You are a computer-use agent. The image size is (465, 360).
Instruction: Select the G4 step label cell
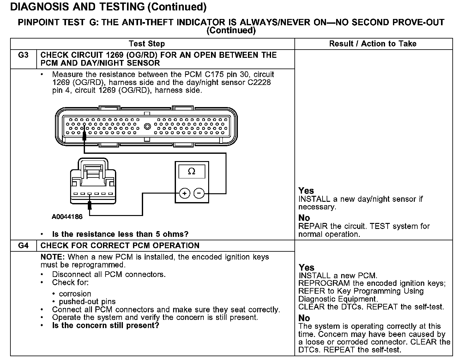pyautogui.click(x=23, y=246)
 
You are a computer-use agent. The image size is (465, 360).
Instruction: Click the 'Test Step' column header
pyautogui.click(x=147, y=44)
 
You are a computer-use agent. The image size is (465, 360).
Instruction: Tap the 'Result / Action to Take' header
pyautogui.click(x=373, y=44)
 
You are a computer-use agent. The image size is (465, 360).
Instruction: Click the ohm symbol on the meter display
pyautogui.click(x=191, y=171)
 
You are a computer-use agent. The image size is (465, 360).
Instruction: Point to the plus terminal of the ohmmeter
pyautogui.click(x=184, y=193)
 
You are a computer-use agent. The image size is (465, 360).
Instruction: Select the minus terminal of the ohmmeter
pyautogui.click(x=199, y=193)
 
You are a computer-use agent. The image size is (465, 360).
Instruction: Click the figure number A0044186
pyautogui.click(x=67, y=217)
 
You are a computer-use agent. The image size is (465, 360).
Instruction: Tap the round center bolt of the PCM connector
pyautogui.click(x=147, y=127)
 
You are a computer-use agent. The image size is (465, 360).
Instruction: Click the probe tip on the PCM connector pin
pyautogui.click(x=84, y=136)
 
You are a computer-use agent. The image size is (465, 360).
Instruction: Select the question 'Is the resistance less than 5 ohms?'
pyautogui.click(x=120, y=234)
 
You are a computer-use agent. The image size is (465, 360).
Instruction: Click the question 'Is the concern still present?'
pyautogui.click(x=106, y=326)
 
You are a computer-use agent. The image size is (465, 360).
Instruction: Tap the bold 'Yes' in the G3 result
pyautogui.click(x=306, y=191)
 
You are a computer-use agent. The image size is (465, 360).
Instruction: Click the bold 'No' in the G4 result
pyautogui.click(x=304, y=318)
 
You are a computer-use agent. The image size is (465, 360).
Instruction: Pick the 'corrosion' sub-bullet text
pyautogui.click(x=75, y=294)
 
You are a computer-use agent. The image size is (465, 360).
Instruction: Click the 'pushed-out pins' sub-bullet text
pyautogui.click(x=87, y=302)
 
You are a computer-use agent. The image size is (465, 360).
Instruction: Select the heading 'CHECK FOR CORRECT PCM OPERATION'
pyautogui.click(x=120, y=246)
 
